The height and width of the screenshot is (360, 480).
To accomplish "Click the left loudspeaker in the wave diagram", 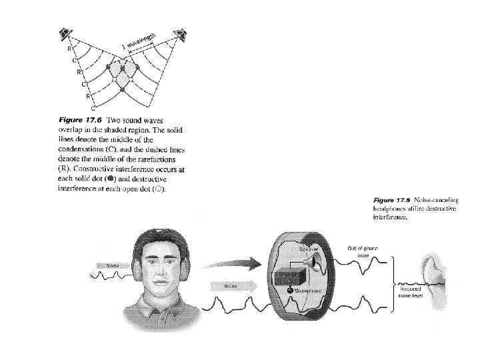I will click(x=65, y=33).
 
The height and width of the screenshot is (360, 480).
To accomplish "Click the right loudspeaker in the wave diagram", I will click(x=179, y=33).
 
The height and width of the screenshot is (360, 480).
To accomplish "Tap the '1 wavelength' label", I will click(x=139, y=41).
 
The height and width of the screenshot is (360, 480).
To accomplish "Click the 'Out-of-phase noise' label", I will click(x=364, y=251).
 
